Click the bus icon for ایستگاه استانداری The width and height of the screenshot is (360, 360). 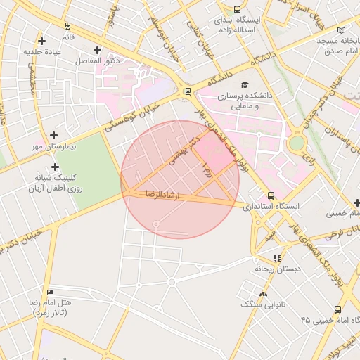(271, 196)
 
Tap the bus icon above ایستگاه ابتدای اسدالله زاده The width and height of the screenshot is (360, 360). (237, 9)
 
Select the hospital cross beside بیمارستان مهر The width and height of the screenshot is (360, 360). (54, 134)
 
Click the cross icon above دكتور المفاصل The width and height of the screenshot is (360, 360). (96, 50)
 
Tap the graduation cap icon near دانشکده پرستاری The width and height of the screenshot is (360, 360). (244, 84)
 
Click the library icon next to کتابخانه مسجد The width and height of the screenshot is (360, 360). (342, 30)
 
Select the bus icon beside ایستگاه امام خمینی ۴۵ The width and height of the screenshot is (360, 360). (337, 309)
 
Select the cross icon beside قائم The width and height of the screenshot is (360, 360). (41, 41)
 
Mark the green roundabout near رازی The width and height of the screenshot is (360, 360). (297, 143)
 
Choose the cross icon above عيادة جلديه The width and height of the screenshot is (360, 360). (41, 41)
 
